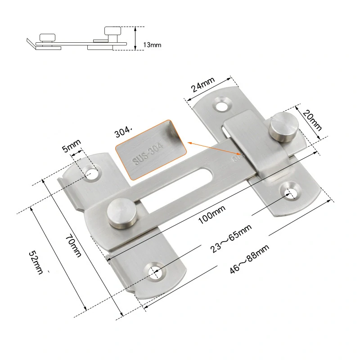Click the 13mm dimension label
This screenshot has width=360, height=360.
click(152, 45)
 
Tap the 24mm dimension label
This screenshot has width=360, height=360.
click(203, 84)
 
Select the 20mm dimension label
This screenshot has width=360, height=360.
click(312, 120)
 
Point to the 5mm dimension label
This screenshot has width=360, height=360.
click(72, 146)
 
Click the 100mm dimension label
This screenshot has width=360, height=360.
click(211, 215)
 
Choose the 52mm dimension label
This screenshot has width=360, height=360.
click(36, 263)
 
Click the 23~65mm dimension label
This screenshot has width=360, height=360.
click(231, 238)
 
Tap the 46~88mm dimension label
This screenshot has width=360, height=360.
click(250, 259)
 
